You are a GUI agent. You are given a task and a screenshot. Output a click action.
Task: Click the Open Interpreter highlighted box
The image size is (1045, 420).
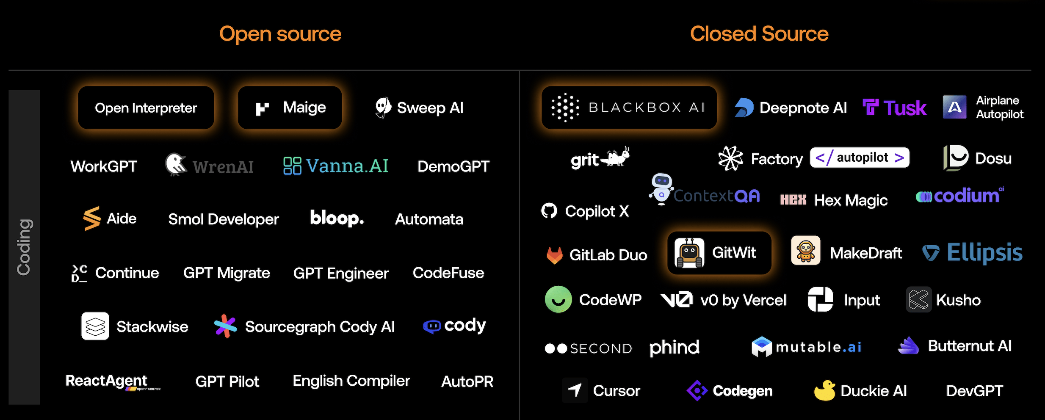tap(146, 108)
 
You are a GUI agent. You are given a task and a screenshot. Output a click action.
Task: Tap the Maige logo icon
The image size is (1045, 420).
tap(262, 109)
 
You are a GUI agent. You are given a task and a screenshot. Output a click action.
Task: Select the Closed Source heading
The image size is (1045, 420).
tap(759, 34)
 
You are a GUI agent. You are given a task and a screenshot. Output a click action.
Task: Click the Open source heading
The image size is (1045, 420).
tap(280, 34)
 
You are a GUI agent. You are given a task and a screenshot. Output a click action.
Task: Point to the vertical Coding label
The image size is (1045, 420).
tap(24, 247)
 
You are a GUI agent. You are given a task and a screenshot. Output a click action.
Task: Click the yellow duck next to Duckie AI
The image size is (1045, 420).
tap(824, 391)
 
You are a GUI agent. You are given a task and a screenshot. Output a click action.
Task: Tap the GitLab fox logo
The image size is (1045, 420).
tap(554, 255)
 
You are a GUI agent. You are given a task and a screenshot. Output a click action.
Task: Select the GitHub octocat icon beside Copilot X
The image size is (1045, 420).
tap(549, 210)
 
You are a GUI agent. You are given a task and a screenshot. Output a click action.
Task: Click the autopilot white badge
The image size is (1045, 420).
tap(860, 158)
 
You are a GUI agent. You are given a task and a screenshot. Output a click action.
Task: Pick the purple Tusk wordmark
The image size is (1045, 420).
tap(904, 108)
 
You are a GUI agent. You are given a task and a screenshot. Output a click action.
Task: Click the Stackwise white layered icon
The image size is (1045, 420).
tap(95, 326)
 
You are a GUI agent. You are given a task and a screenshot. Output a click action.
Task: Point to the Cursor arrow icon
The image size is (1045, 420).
tap(575, 390)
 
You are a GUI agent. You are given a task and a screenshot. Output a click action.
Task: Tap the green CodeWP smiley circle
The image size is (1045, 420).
tap(558, 299)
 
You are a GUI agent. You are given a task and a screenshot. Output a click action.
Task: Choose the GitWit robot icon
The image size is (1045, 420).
tap(689, 253)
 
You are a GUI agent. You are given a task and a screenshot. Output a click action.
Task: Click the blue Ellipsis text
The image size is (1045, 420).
tap(984, 253)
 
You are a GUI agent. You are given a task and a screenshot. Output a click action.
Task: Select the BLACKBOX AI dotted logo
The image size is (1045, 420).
tap(565, 108)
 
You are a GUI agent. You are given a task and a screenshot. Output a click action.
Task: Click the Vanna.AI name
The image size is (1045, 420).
tap(347, 166)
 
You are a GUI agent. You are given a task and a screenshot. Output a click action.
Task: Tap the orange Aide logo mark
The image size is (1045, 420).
tap(92, 218)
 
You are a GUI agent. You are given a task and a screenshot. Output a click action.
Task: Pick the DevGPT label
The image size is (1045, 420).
tap(974, 391)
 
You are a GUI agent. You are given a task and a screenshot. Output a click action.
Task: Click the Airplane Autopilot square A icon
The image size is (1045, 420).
tap(954, 107)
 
